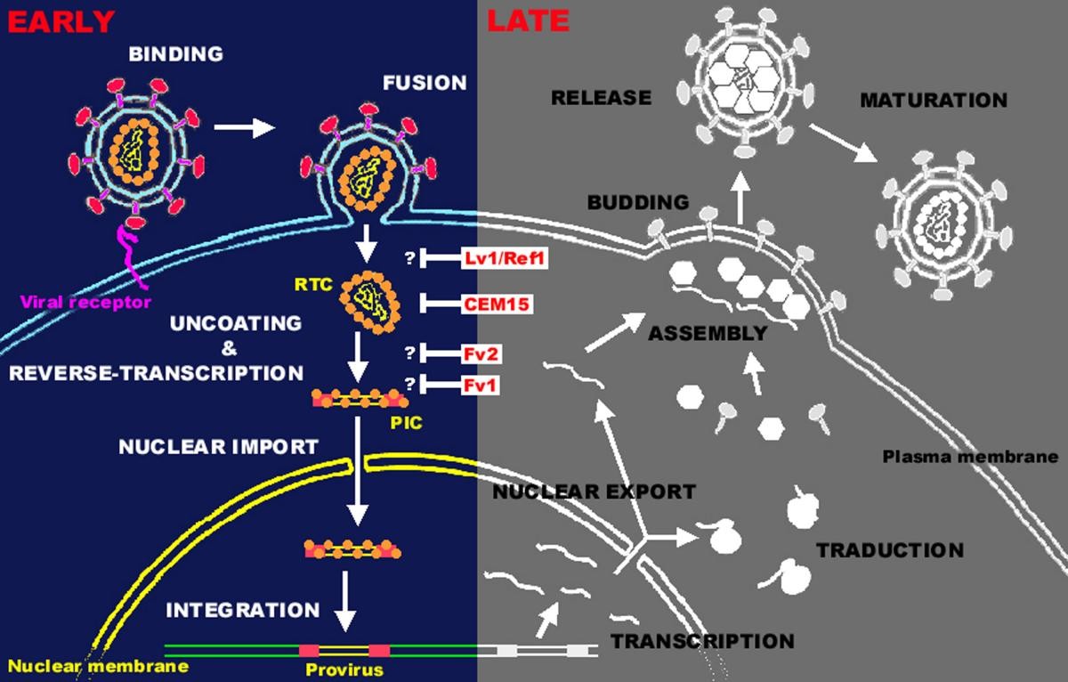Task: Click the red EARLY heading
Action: pos(61,20)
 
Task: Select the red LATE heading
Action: pos(528,20)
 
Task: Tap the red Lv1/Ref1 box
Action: pos(503,259)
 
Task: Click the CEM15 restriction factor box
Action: pos(498,304)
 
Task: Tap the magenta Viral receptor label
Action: pos(85,302)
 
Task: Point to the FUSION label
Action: pos(425,83)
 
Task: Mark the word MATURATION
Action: pos(933,100)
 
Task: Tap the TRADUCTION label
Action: pos(890,550)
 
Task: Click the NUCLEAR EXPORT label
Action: pos(593,491)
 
